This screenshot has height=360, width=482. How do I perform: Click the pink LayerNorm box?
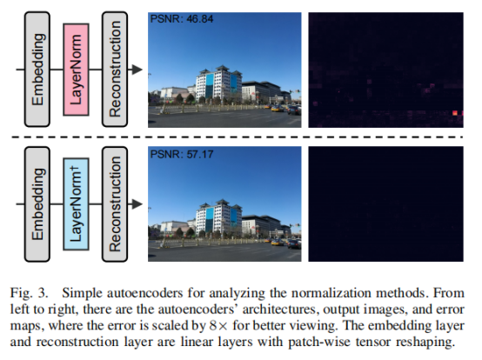[x=76, y=70]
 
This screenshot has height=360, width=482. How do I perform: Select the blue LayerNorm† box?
[x=76, y=204]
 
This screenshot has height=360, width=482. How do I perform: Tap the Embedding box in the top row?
[x=37, y=70]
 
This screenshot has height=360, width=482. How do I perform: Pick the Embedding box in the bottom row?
[x=37, y=204]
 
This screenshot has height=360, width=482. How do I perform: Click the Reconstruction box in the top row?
[x=115, y=70]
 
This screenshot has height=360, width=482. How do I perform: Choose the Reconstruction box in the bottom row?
[x=115, y=204]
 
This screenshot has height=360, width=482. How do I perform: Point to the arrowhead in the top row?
[x=137, y=70]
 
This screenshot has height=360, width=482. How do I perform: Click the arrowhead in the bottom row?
[x=137, y=204]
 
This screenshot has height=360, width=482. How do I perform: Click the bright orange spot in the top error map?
[x=455, y=113]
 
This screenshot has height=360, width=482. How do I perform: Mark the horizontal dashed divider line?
[x=237, y=137]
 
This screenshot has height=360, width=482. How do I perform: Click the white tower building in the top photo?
[x=218, y=83]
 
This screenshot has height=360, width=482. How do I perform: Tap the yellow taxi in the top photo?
[x=278, y=108]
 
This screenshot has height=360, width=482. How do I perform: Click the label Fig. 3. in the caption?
[x=30, y=293]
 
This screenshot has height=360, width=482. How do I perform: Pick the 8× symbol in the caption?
[x=219, y=325]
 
